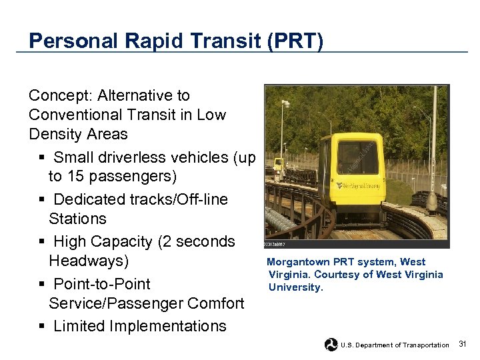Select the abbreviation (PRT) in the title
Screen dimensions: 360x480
295,41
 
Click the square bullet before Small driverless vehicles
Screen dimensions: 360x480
42,158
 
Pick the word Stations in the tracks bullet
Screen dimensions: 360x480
77,219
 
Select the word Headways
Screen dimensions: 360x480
88,260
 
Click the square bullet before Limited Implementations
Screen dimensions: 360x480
42,327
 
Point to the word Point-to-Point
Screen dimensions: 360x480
102,284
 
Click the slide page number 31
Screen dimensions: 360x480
463,344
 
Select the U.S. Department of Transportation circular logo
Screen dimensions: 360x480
331,345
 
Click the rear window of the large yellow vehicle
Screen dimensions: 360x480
357,159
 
